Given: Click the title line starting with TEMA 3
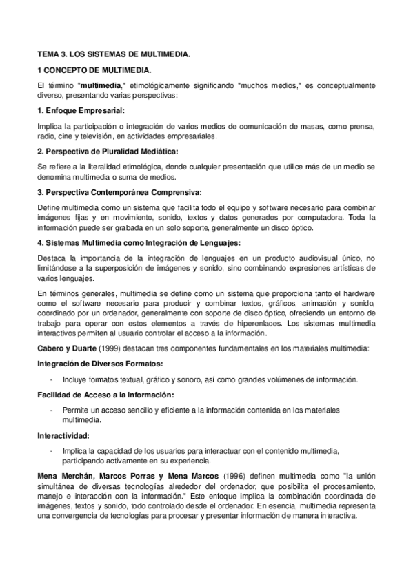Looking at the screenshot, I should click(x=114, y=53).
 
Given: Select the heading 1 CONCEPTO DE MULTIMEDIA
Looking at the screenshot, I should click(x=94, y=70).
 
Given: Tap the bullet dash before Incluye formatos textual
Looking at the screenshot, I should click(x=52, y=379).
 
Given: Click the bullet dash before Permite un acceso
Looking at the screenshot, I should click(x=52, y=410).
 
